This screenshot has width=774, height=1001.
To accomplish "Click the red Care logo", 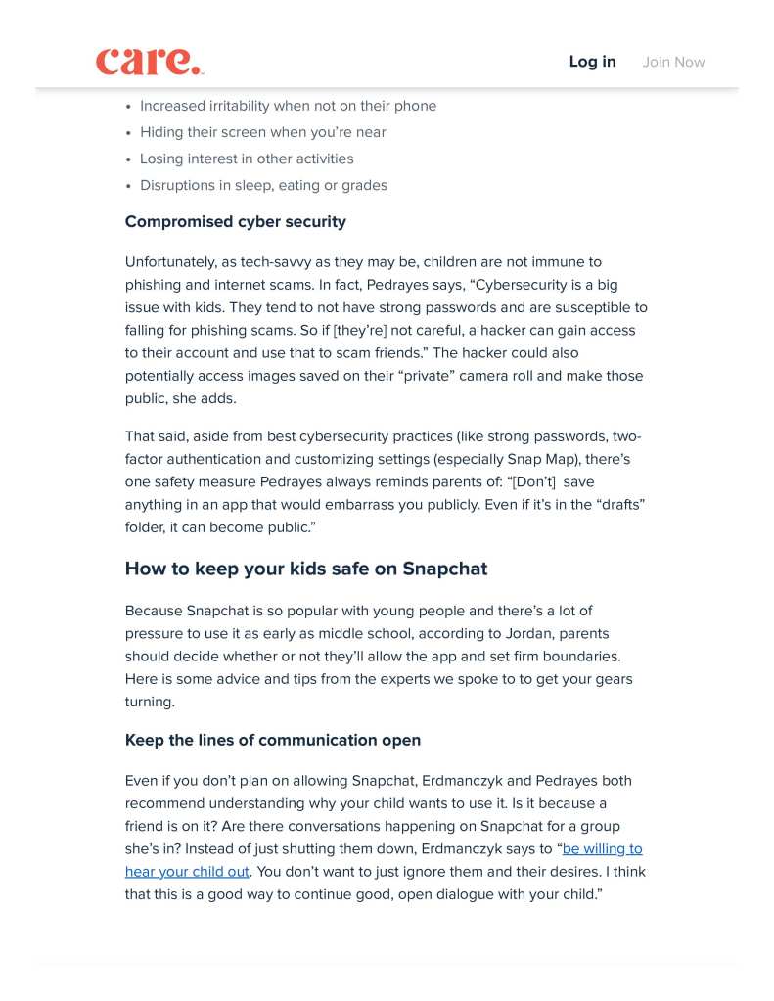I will (x=149, y=62).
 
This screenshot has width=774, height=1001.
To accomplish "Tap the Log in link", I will (x=592, y=62).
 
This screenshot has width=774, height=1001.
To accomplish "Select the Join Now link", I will (x=673, y=62).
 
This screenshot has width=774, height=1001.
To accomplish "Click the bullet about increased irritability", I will (x=288, y=106).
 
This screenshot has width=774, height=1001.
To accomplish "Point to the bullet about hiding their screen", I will (x=262, y=132).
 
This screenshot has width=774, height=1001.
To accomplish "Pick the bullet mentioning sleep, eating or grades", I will (x=263, y=185).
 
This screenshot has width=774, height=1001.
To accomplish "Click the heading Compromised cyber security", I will (x=235, y=222).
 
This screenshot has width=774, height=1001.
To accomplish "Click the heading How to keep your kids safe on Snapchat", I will (x=305, y=569).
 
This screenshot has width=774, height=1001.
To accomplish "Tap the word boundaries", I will (x=583, y=656).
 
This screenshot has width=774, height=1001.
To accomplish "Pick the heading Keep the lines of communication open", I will (x=272, y=741).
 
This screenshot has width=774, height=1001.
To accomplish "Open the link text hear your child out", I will (x=187, y=871).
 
